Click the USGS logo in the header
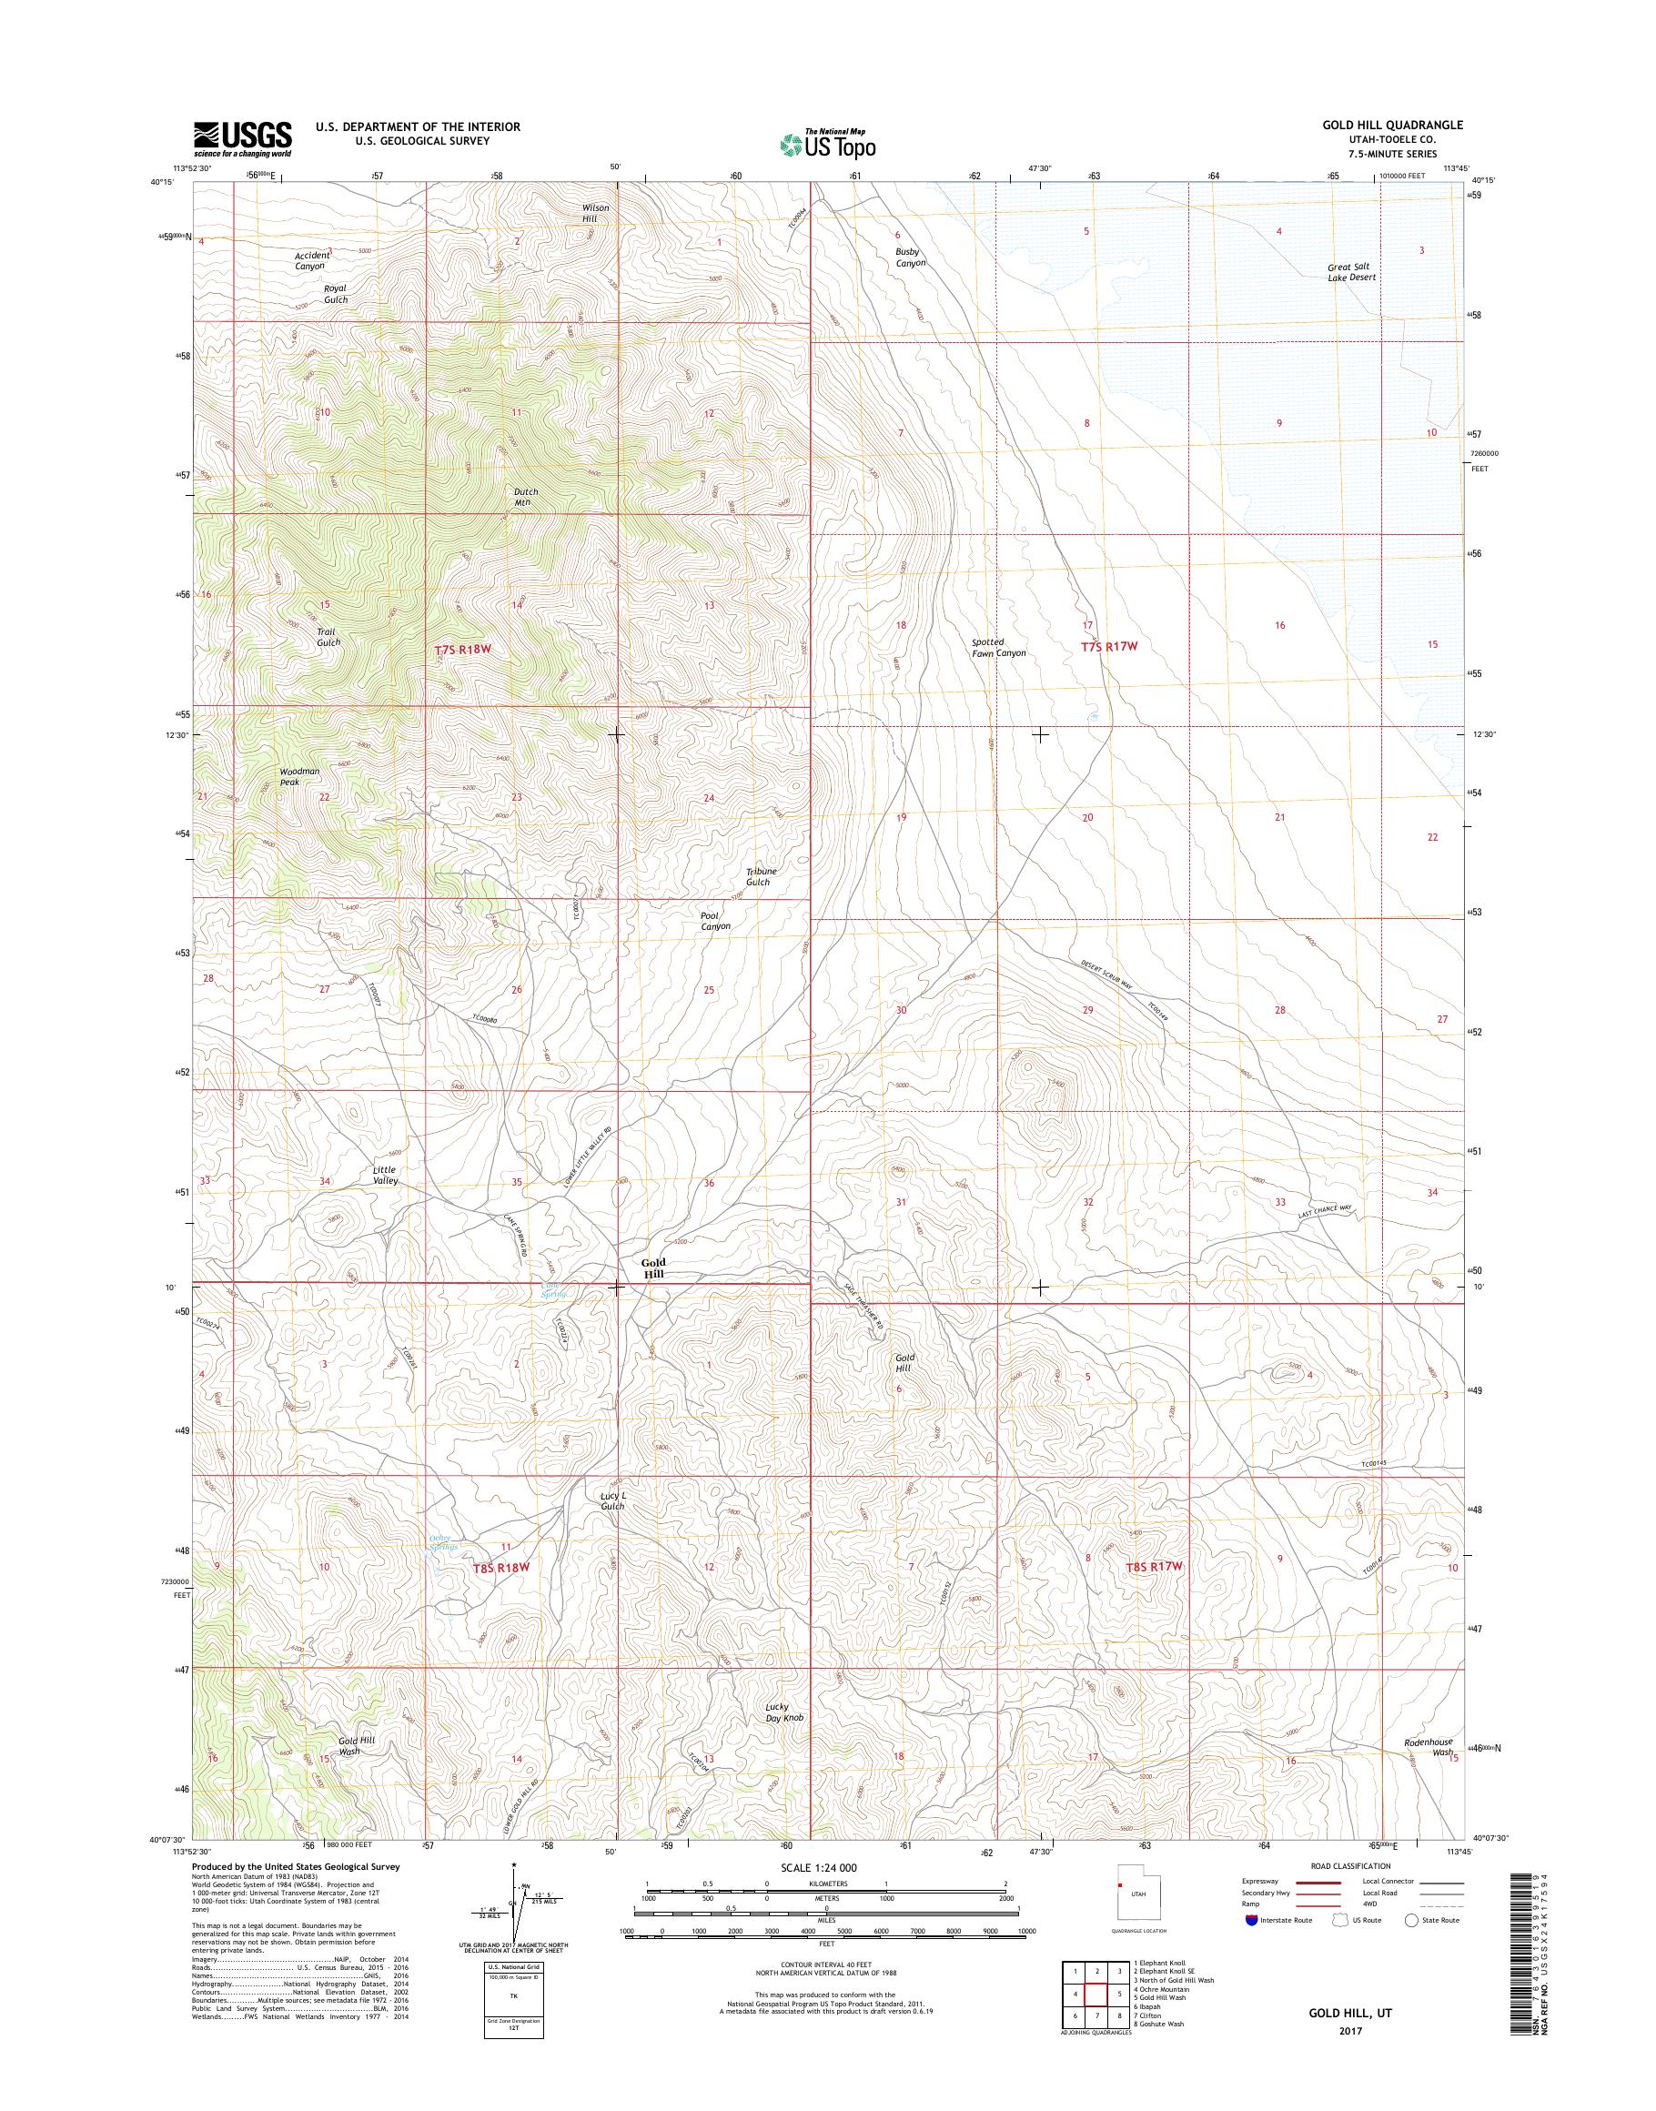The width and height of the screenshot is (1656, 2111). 242,137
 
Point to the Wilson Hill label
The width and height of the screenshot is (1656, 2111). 595,213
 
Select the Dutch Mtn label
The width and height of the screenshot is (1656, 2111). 526,497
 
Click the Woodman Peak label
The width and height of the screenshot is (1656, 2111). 298,777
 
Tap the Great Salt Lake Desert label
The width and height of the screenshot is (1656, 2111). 1351,271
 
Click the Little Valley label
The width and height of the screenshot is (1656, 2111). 385,1176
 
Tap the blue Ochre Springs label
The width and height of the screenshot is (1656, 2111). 442,1541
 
